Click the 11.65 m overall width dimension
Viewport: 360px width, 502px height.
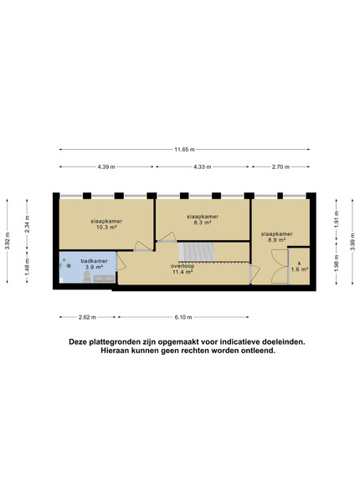pos(184,149)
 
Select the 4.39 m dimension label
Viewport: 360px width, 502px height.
pos(106,166)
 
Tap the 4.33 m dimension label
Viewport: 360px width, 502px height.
pos(202,166)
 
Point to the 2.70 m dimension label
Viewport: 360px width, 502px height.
pos(280,166)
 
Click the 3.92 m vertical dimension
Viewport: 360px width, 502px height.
pos(7,241)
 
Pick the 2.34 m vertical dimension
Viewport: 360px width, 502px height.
pos(27,223)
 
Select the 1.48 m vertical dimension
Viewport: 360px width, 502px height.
pos(27,267)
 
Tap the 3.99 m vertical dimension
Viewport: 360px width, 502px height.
pos(352,242)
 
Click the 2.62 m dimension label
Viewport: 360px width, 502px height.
pos(87,317)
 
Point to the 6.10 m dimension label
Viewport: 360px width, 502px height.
pos(183,317)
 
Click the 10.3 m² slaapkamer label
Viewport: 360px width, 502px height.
pos(106,224)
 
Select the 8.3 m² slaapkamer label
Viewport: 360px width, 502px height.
pos(203,219)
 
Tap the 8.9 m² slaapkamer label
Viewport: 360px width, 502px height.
pos(277,237)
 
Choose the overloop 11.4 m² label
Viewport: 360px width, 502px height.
pos(183,269)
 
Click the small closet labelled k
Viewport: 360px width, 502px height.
pos(300,266)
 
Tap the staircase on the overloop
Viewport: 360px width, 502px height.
pos(196,252)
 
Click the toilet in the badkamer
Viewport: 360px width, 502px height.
pos(87,277)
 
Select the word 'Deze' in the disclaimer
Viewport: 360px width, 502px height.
pos(78,342)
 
